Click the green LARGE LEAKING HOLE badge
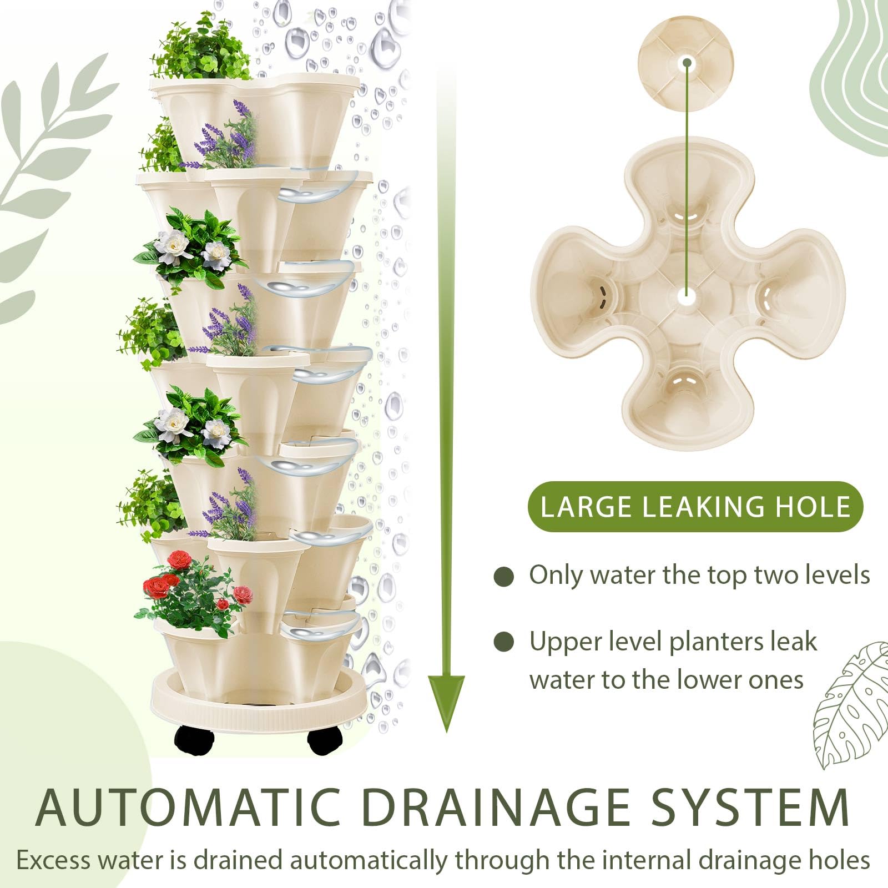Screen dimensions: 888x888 point(695,507)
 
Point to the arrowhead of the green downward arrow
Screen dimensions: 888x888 point(446,703)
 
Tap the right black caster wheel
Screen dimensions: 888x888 point(326,740)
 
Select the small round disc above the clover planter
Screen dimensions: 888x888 point(686,63)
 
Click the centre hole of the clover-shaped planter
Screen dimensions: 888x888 point(687,297)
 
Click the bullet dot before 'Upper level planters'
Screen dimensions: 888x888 point(504,642)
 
